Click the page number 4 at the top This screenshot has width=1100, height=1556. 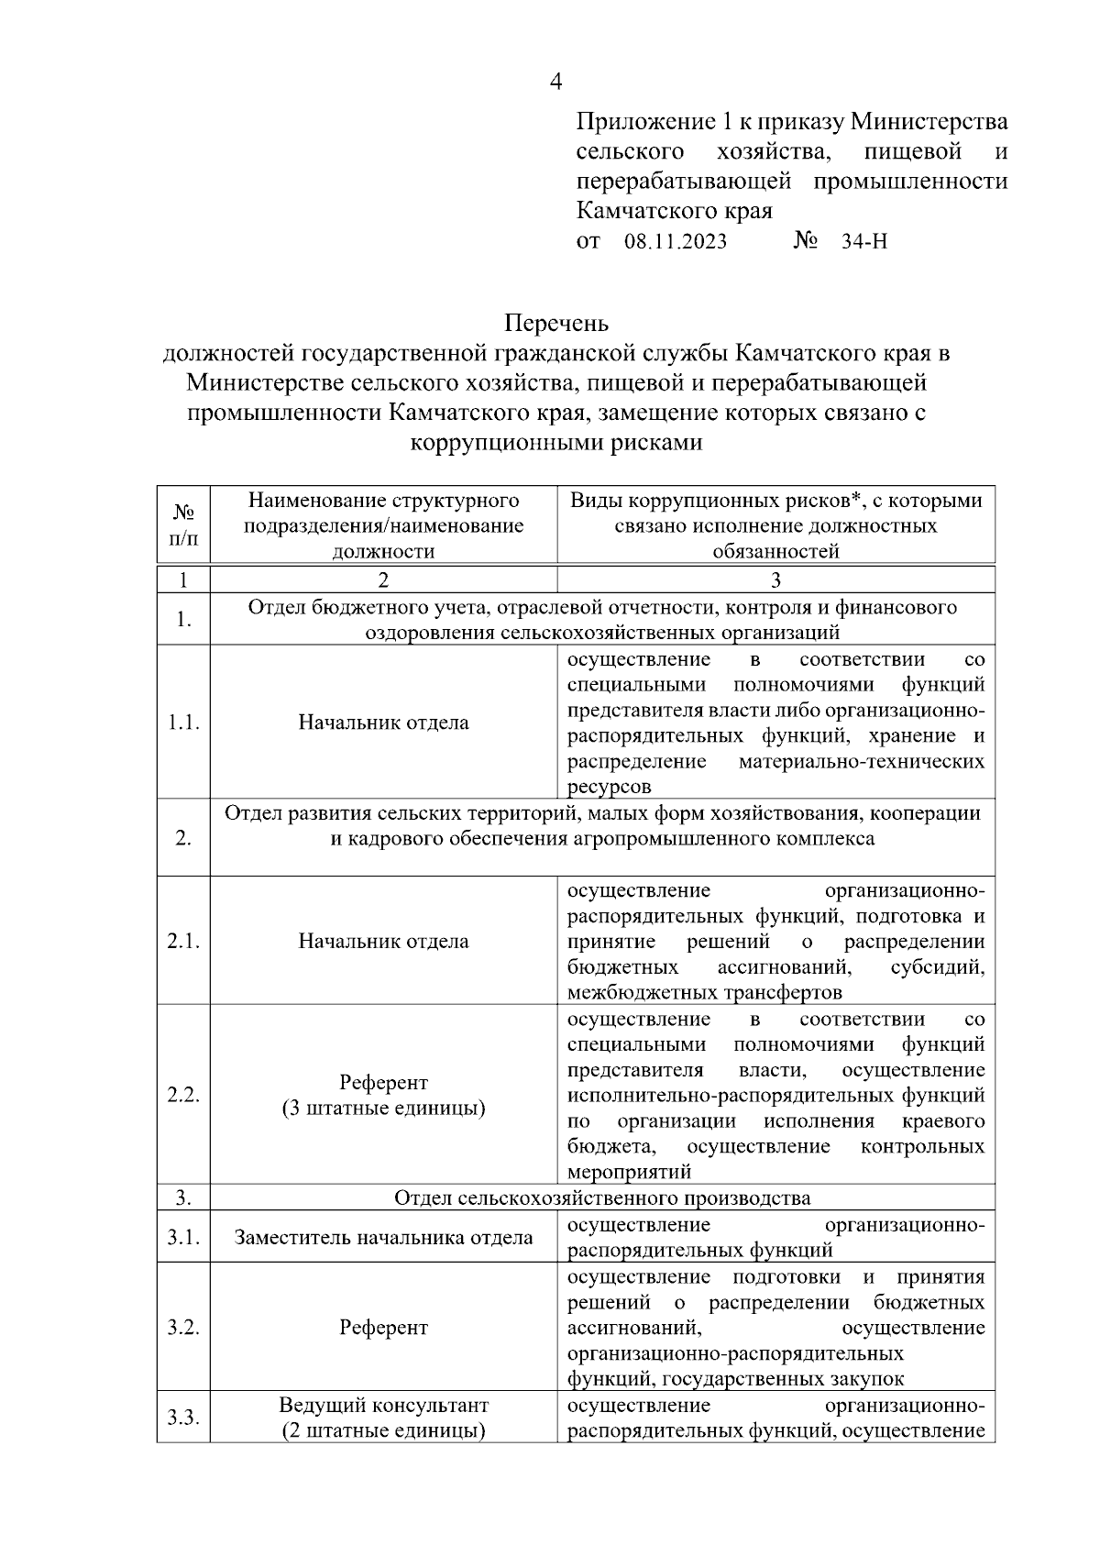click(555, 82)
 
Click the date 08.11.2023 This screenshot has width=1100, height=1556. click(676, 242)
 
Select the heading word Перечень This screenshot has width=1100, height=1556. click(555, 324)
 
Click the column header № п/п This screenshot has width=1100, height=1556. click(183, 525)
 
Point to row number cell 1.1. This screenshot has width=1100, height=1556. click(183, 723)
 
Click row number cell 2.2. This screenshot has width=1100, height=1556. click(183, 1096)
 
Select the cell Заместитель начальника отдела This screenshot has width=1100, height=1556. click(383, 1238)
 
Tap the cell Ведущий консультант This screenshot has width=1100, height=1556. click(383, 1406)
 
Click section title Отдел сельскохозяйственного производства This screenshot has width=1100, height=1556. click(602, 1197)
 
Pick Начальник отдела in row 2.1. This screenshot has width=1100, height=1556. click(383, 942)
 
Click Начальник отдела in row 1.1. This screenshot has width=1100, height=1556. click(383, 723)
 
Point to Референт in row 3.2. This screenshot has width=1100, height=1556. click(383, 1328)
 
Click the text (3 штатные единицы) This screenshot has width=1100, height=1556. click(383, 1109)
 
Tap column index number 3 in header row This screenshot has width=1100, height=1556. click(775, 580)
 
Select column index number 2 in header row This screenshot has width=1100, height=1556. click(383, 580)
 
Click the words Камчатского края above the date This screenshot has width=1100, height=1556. click(674, 211)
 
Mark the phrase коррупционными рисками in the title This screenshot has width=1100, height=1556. click(555, 443)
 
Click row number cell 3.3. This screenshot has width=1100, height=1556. click(183, 1418)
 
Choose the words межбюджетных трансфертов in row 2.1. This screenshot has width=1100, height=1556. click(704, 993)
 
